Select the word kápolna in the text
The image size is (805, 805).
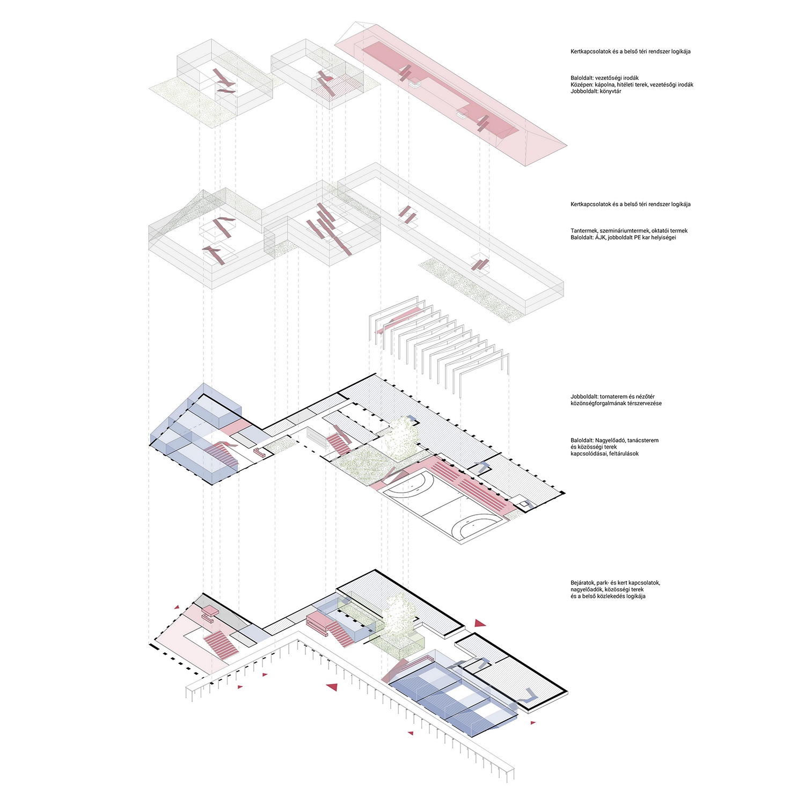tap(605, 85)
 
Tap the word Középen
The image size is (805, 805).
tap(582, 85)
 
